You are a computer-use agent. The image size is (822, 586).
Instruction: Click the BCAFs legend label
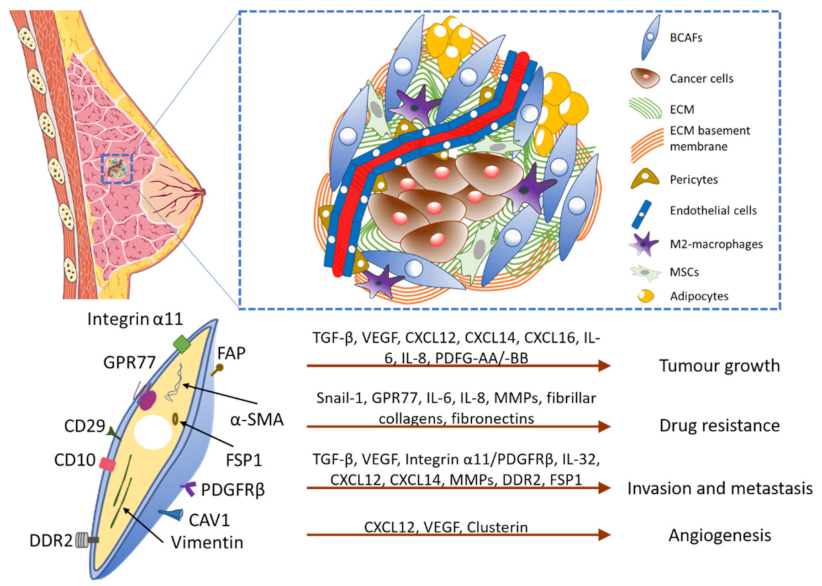tap(685, 37)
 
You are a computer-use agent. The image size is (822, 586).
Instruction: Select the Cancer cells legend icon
tap(645, 78)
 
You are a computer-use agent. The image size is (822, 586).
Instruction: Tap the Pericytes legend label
tap(693, 179)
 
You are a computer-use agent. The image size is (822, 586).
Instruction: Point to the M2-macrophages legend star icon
tap(644, 244)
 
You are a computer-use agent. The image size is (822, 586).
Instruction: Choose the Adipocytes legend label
tap(699, 296)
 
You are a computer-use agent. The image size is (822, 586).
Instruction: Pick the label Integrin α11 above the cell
tap(135, 319)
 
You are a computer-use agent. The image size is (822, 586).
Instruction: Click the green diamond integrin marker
tap(182, 343)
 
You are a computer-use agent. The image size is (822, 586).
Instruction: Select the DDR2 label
tap(51, 540)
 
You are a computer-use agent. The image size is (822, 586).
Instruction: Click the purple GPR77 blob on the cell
tap(148, 400)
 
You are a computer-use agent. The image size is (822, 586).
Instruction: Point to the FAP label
tap(231, 353)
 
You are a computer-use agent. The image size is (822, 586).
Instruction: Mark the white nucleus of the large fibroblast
tap(153, 432)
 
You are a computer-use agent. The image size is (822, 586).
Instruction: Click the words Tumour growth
tap(719, 366)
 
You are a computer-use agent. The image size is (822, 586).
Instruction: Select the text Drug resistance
tap(719, 426)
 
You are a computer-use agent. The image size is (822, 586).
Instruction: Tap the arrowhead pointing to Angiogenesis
tap(604, 534)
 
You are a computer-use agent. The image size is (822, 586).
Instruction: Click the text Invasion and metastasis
tap(720, 488)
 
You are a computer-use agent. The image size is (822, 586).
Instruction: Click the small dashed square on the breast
tap(117, 169)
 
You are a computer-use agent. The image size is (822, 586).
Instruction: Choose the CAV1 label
tap(209, 520)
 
